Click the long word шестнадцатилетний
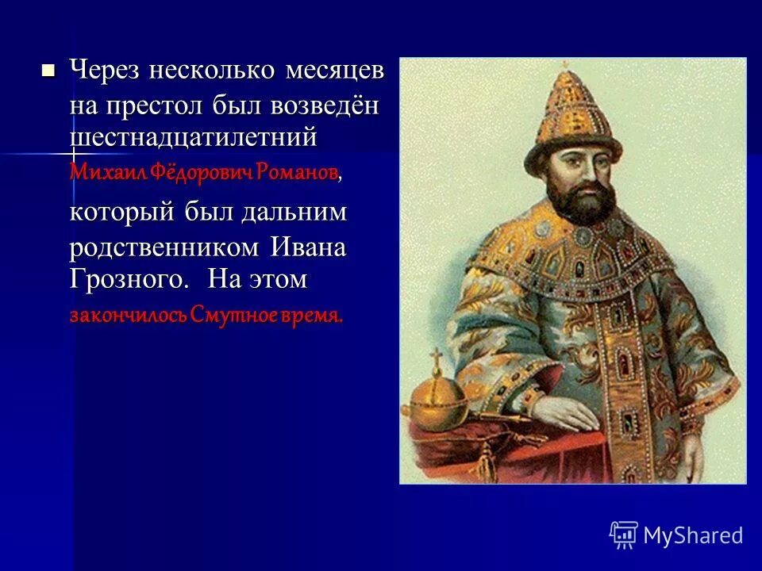(x=193, y=137)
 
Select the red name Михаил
(x=99, y=171)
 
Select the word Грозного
(x=129, y=280)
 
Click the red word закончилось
(x=126, y=315)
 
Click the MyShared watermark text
(x=693, y=535)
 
